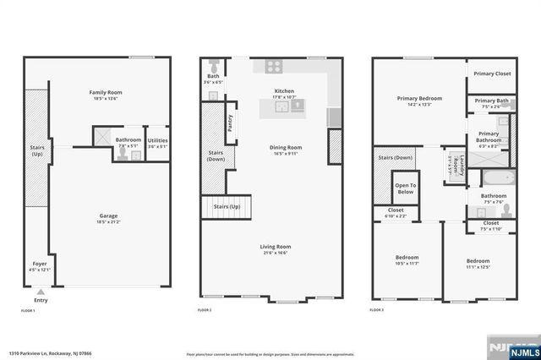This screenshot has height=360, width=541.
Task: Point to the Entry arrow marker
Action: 40,291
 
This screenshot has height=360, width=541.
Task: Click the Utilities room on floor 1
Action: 157,140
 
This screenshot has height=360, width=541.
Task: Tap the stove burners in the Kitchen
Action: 276,65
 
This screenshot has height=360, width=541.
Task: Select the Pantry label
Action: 230,123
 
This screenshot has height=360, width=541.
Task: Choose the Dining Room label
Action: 285,148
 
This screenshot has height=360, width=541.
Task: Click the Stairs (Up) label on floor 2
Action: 227,206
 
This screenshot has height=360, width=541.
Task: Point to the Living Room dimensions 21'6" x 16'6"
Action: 276,253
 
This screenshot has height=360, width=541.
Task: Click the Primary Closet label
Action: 491,74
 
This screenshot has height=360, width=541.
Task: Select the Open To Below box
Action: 405,188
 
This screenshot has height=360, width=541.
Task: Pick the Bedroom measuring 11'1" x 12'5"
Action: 478,264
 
